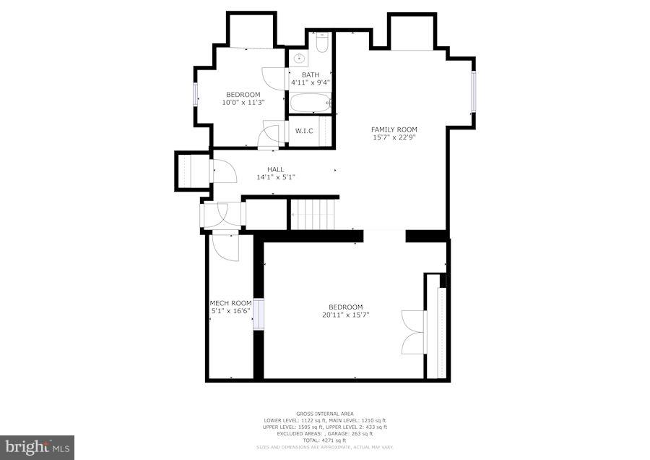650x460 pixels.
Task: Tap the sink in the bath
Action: (x=301, y=57)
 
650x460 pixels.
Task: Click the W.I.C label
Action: (x=303, y=131)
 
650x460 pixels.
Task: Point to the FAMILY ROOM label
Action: (x=394, y=129)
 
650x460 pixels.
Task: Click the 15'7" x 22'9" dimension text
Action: (x=394, y=137)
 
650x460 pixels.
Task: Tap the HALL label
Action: (x=275, y=169)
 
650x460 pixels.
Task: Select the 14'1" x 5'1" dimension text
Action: (x=275, y=177)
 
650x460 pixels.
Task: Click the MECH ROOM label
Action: (x=230, y=303)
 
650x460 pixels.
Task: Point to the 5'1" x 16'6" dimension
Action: (x=230, y=311)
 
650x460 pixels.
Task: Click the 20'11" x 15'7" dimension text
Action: (x=346, y=315)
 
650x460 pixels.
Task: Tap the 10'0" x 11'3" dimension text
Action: (x=243, y=103)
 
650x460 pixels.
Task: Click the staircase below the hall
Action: (x=313, y=213)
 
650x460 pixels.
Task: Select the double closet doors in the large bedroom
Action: (x=414, y=331)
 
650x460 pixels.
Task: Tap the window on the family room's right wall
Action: (x=474, y=90)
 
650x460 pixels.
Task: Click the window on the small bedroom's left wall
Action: (x=196, y=95)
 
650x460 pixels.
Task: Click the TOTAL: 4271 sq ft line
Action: (x=324, y=440)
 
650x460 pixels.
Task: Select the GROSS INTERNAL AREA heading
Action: (x=324, y=414)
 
